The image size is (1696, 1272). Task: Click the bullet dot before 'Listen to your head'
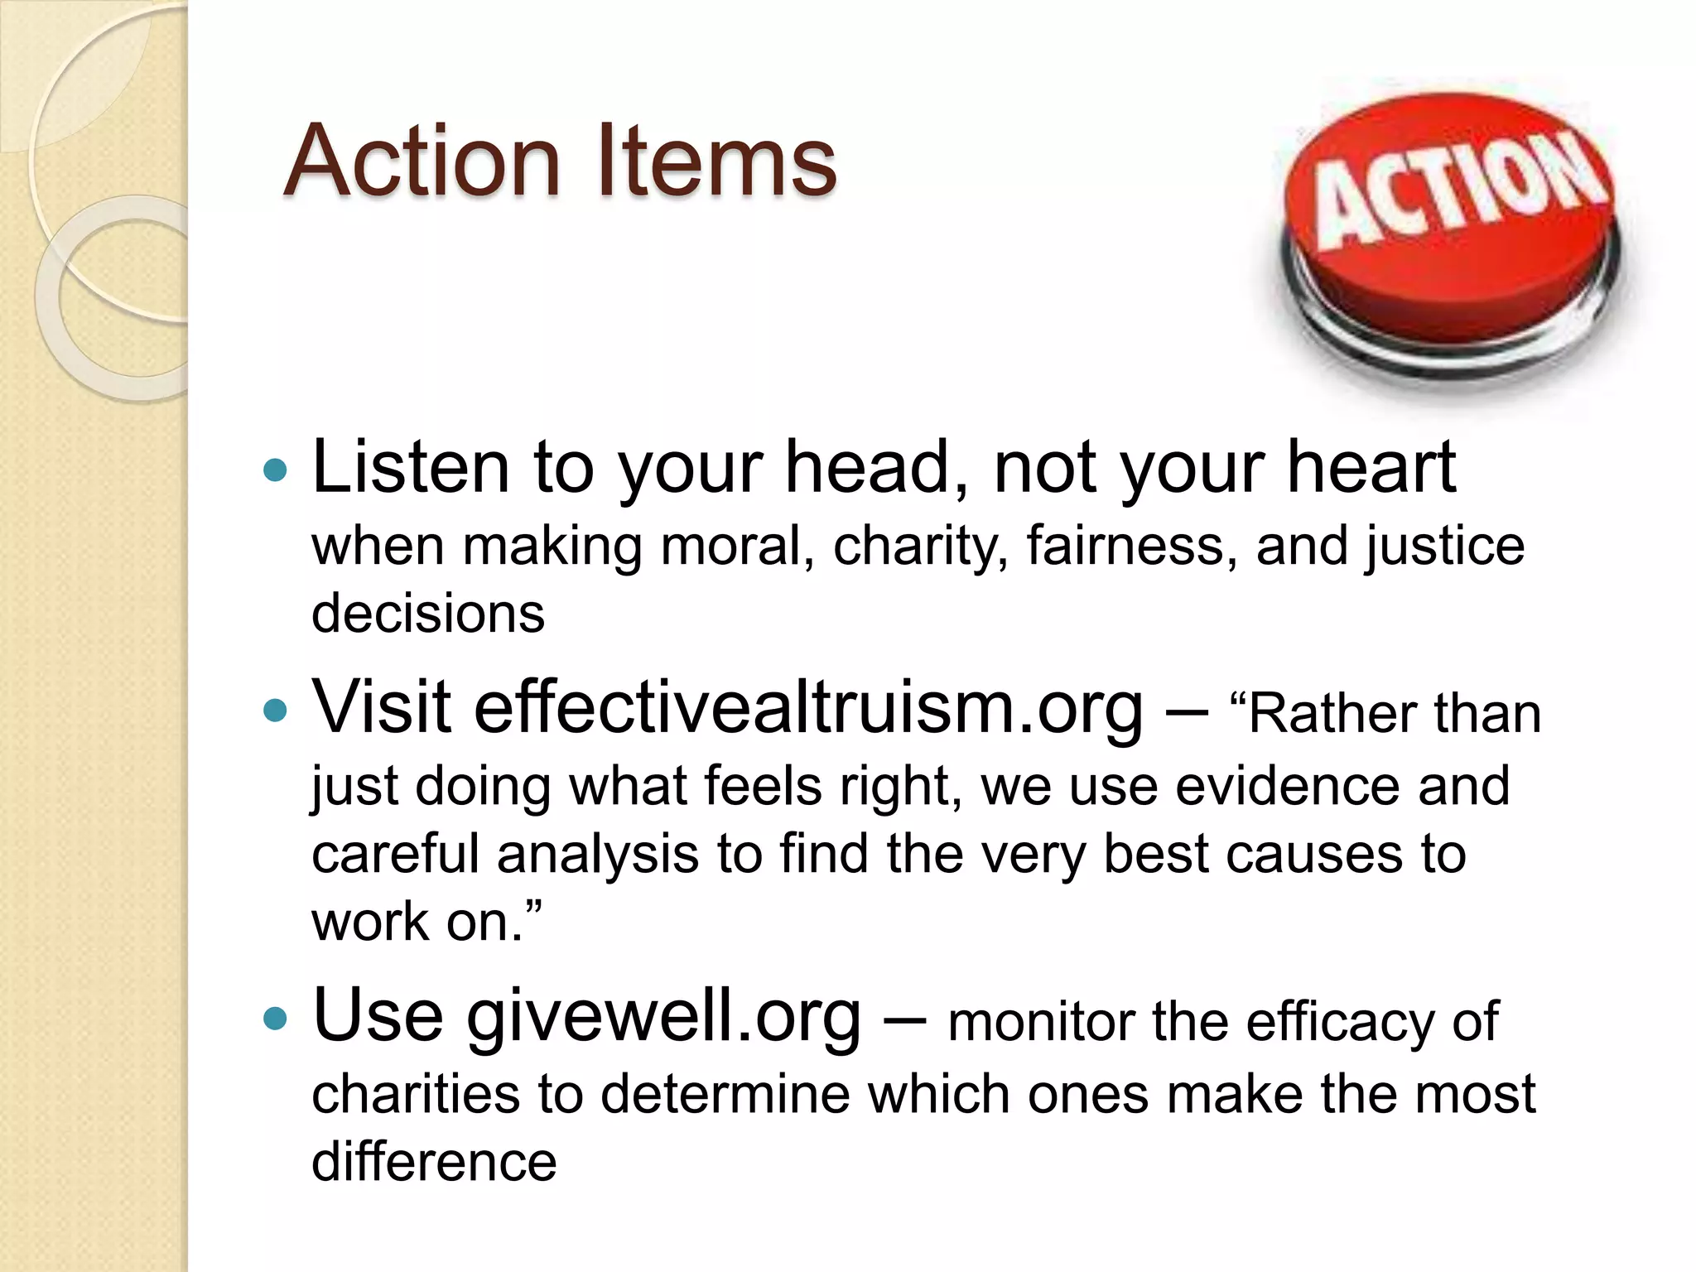pos(275,471)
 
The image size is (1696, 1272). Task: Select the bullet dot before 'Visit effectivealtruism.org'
pos(275,710)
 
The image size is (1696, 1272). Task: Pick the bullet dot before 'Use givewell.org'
pos(275,1018)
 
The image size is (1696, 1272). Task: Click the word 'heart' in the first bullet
pos(1371,468)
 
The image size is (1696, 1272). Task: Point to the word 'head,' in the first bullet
pos(878,468)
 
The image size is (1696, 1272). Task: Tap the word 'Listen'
pos(411,468)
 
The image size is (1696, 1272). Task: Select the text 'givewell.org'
pos(663,1017)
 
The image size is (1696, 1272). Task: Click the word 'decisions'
pos(428,614)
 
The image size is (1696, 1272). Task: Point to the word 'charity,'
pos(920,547)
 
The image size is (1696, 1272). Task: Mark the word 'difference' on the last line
pos(434,1162)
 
